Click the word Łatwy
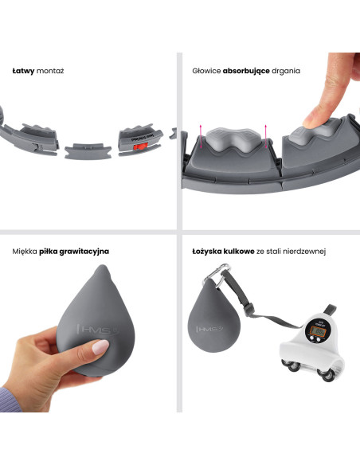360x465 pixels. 23,71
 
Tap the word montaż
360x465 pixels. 50,71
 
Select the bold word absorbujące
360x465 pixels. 246,71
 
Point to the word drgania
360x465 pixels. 286,71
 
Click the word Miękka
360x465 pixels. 25,252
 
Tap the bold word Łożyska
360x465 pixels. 207,252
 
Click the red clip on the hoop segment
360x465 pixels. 140,147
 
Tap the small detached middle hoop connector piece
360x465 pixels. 88,151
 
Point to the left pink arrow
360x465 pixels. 201,136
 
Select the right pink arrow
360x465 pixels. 266,136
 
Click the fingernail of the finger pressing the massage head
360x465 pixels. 308,122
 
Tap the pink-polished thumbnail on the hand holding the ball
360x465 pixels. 100,346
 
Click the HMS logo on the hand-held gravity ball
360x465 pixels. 97,330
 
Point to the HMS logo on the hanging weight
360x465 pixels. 209,329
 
